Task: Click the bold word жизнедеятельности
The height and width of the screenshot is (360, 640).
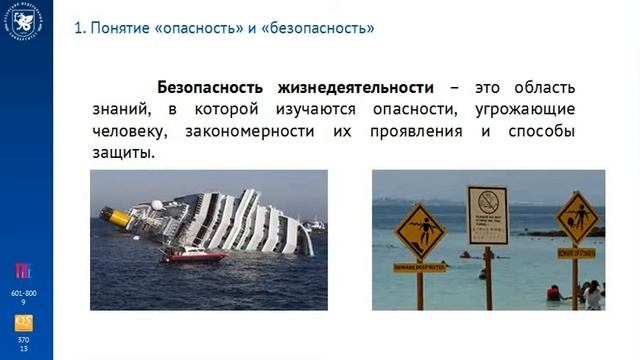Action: [349, 87]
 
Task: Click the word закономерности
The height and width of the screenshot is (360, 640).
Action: [245, 132]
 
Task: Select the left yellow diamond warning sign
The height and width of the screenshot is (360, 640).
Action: [419, 231]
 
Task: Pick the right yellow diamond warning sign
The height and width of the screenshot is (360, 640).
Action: [577, 216]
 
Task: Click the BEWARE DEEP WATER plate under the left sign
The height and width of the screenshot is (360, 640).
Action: [420, 267]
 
